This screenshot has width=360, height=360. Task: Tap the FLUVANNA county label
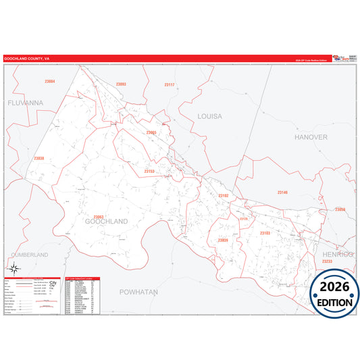[x=25, y=103]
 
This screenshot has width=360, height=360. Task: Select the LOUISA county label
[x=209, y=116]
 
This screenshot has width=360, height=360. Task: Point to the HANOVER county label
[x=311, y=136]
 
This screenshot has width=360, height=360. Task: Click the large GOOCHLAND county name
[x=106, y=221]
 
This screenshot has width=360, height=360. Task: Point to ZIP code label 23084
[x=49, y=81]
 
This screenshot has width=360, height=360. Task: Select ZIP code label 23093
[x=121, y=84]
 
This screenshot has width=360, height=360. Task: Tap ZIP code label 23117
[x=169, y=84]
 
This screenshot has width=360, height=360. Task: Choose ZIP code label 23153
[x=149, y=172]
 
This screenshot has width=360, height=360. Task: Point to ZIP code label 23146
[x=282, y=192]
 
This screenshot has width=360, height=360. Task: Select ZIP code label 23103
[x=265, y=233]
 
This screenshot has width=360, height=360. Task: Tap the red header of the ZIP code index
[x=82, y=278]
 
